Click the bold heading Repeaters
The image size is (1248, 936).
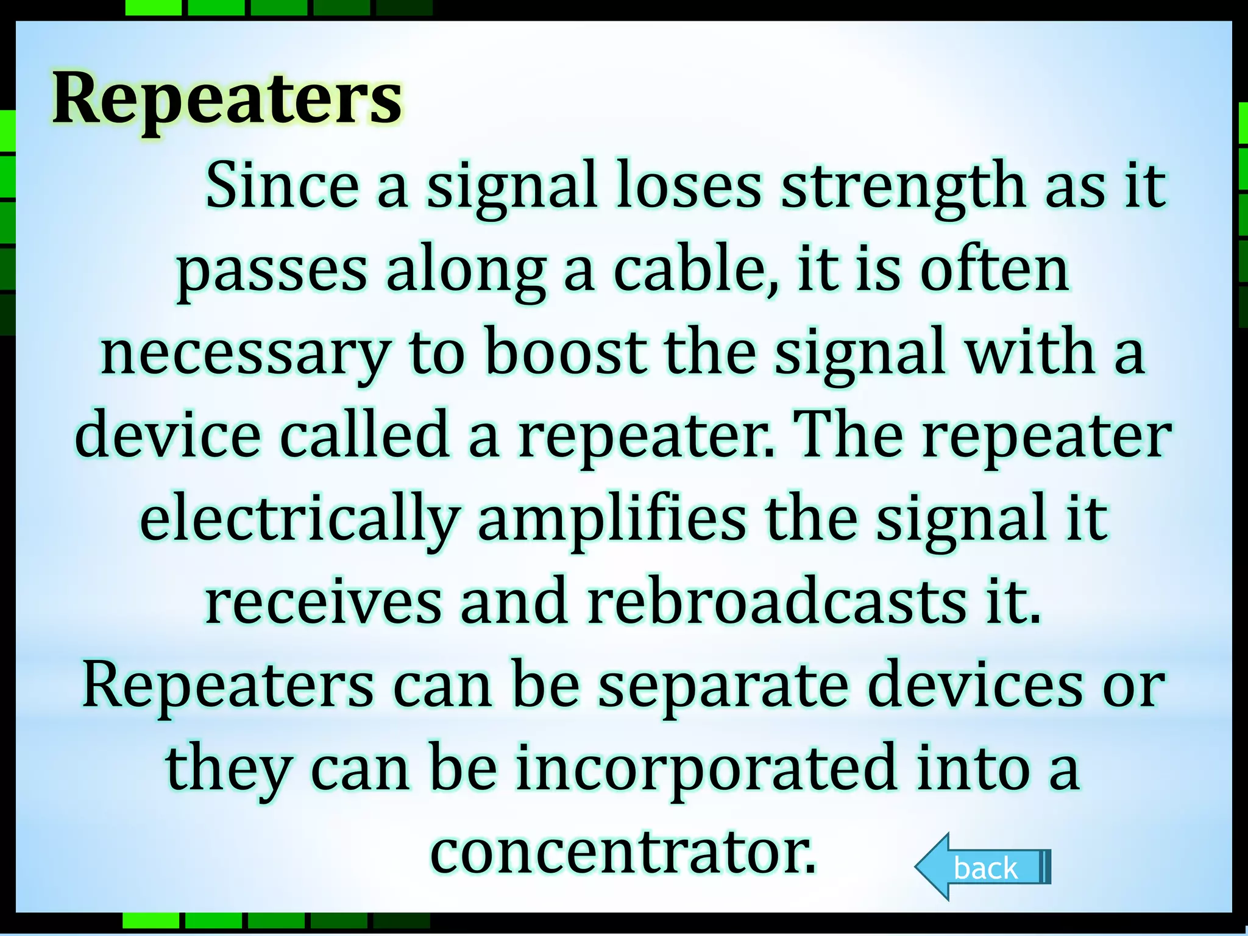[x=227, y=99]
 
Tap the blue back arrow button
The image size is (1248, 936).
[x=982, y=867]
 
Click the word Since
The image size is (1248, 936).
[x=282, y=185]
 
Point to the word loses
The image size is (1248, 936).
[x=689, y=185]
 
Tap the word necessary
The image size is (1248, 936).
[x=246, y=353]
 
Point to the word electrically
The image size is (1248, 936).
[x=299, y=520]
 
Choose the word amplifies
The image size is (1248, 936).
[x=612, y=520]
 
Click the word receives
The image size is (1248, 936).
[x=323, y=601]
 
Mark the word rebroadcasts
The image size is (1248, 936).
[x=776, y=601]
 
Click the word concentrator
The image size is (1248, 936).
[x=622, y=851]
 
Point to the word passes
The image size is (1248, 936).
[x=272, y=272]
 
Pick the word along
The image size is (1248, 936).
[x=466, y=272]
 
